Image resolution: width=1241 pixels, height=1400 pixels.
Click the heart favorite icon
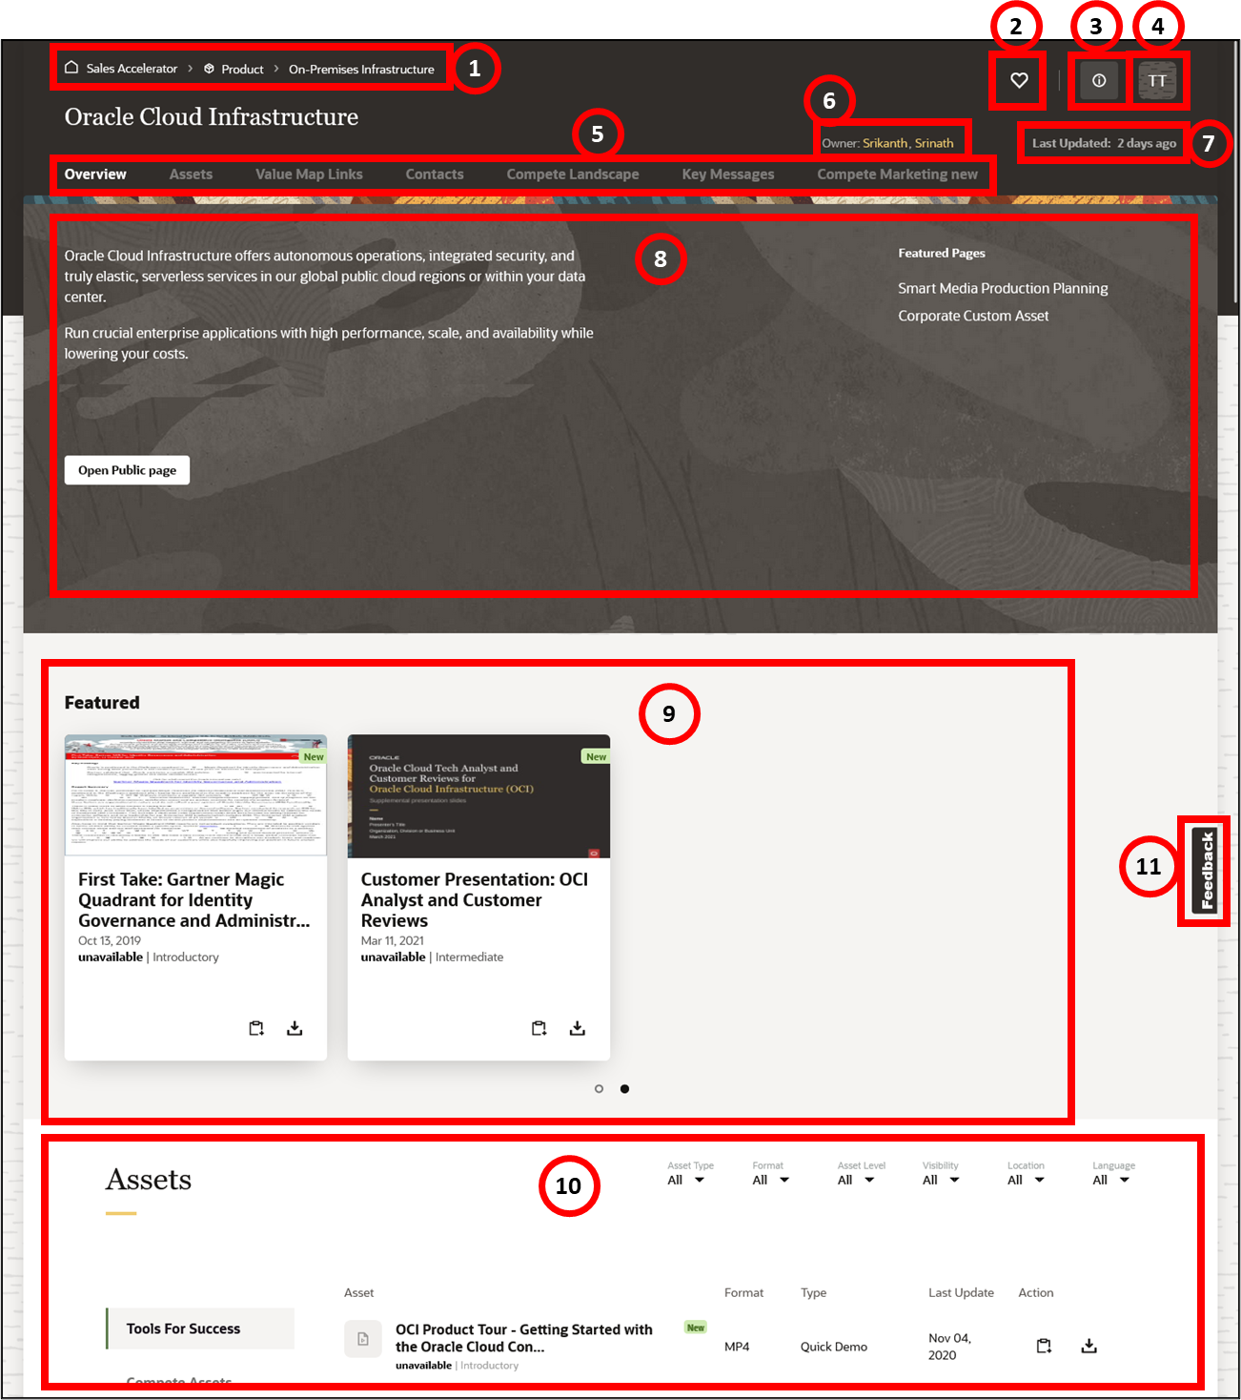(1019, 81)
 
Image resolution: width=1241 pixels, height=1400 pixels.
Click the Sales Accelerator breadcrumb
(132, 69)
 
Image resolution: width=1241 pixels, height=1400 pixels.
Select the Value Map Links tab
(309, 175)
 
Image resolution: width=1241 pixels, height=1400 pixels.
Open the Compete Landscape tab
(572, 175)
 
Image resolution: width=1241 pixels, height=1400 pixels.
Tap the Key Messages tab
(727, 175)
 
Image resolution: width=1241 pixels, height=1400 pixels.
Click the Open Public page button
(127, 470)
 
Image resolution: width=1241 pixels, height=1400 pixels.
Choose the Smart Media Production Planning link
(1003, 288)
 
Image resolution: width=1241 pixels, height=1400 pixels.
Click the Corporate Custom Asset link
(973, 316)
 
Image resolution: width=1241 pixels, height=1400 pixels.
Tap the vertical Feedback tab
(1207, 870)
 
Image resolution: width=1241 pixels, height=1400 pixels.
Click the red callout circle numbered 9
(669, 713)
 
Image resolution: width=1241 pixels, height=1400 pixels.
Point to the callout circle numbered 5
(598, 134)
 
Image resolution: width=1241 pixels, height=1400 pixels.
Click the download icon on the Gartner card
(295, 1028)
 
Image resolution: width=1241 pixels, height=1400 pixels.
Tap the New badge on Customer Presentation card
(596, 756)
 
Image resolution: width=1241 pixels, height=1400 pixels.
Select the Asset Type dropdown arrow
(700, 1181)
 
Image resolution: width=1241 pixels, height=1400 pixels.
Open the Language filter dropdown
(1124, 1181)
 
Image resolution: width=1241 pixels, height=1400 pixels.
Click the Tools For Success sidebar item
(183, 1328)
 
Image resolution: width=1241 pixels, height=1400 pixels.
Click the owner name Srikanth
(885, 143)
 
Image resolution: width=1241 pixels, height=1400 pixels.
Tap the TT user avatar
(1157, 81)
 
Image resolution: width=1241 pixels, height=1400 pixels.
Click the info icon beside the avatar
(1099, 81)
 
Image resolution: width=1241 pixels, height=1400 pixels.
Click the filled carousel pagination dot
(624, 1088)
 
